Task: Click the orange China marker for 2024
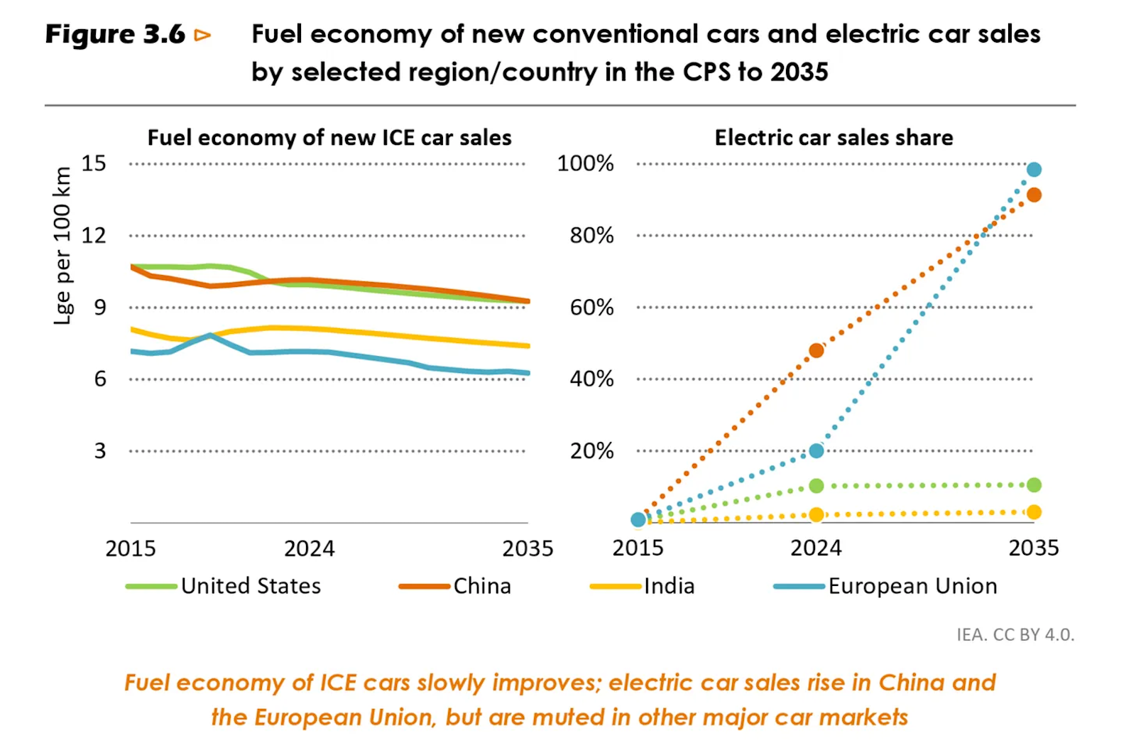point(816,350)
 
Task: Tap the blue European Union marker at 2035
point(1034,170)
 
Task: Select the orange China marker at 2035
point(1034,195)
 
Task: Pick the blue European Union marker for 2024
point(816,450)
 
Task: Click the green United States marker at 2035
point(1034,485)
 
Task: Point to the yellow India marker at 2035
point(1034,512)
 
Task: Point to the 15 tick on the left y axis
point(94,163)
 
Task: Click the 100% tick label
point(585,163)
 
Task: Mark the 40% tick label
point(591,379)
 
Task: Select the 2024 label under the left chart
point(309,548)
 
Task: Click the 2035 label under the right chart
point(1034,548)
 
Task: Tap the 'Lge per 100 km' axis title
point(63,245)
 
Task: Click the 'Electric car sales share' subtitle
point(834,137)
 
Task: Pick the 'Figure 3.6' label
point(115,34)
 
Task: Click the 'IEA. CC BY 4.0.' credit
point(1015,634)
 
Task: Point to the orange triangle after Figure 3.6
point(203,35)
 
